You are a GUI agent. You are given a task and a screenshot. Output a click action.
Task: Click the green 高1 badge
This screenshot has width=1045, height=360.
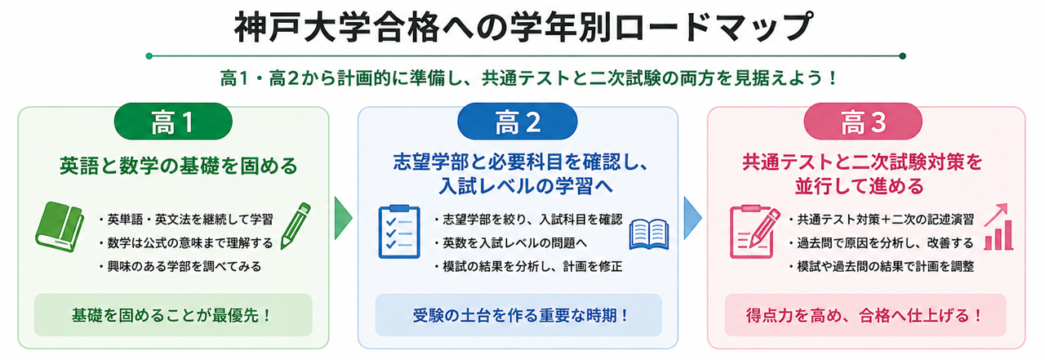[x=173, y=122]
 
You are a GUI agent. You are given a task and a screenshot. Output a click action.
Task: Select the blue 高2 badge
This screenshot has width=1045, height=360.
[x=518, y=122]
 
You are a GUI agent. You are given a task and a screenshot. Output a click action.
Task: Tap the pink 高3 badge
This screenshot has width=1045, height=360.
[x=863, y=122]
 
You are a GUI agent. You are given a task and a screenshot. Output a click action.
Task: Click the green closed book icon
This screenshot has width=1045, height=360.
[x=60, y=227]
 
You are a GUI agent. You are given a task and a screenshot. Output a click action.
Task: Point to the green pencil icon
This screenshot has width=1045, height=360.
[x=296, y=225]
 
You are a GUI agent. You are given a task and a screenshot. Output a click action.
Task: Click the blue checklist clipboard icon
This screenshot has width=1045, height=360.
[x=399, y=231]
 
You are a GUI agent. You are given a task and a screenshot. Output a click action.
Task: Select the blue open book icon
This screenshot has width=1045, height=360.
[x=649, y=234]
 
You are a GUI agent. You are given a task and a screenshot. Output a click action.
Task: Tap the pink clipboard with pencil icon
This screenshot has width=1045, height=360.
[x=754, y=231]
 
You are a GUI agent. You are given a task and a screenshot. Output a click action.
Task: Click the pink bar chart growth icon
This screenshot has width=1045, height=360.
[x=998, y=227]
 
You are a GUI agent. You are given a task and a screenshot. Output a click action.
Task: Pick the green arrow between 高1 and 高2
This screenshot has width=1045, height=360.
[x=343, y=218]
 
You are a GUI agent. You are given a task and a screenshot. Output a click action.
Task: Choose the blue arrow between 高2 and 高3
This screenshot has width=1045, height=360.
[x=692, y=218]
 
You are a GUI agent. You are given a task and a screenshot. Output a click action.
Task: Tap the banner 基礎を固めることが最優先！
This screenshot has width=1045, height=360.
[x=173, y=315]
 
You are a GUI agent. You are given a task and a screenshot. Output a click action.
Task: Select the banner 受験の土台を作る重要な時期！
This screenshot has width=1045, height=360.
[x=518, y=315]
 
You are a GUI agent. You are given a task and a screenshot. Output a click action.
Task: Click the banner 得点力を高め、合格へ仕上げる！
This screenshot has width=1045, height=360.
[x=865, y=315]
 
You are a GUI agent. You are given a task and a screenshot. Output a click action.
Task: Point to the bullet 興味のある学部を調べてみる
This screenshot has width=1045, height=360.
[x=180, y=267]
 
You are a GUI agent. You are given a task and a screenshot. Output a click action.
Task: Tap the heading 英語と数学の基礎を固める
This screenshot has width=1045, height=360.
[x=178, y=166]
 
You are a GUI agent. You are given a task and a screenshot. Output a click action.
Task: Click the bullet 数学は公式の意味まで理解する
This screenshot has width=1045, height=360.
[x=185, y=243]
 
